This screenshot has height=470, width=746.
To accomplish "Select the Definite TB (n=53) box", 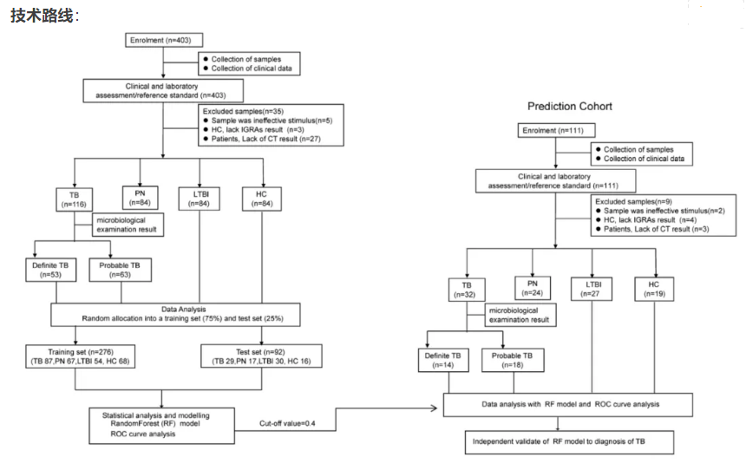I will coord(50,269).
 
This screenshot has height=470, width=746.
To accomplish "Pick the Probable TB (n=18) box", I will coord(512,361).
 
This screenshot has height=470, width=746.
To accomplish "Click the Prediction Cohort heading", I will coord(570,106).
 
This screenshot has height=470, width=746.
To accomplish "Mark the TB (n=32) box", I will coord(467,289).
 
